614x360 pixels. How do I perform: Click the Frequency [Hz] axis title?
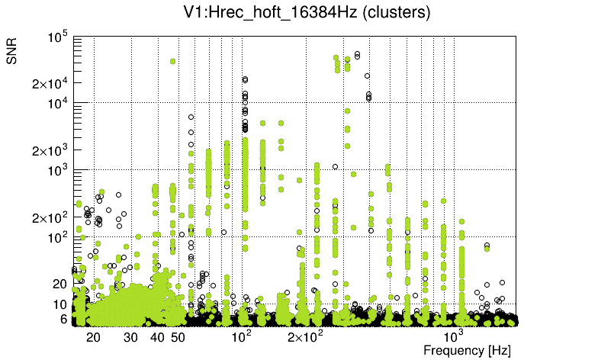pos(466,350)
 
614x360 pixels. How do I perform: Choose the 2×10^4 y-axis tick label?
pos(50,83)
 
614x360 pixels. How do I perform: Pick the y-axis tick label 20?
pos(60,284)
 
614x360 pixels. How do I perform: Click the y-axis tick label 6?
pos(64,319)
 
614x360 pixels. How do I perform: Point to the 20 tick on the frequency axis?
pos(94,336)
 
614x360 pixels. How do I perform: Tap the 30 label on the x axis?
pos(131,336)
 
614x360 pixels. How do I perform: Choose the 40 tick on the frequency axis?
pos(158,336)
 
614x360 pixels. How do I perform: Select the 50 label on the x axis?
pos(178,336)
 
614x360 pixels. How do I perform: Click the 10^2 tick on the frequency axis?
pos(242,336)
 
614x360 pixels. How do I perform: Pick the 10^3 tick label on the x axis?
pos(454,336)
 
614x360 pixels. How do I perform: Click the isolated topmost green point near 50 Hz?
pos(173,61)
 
